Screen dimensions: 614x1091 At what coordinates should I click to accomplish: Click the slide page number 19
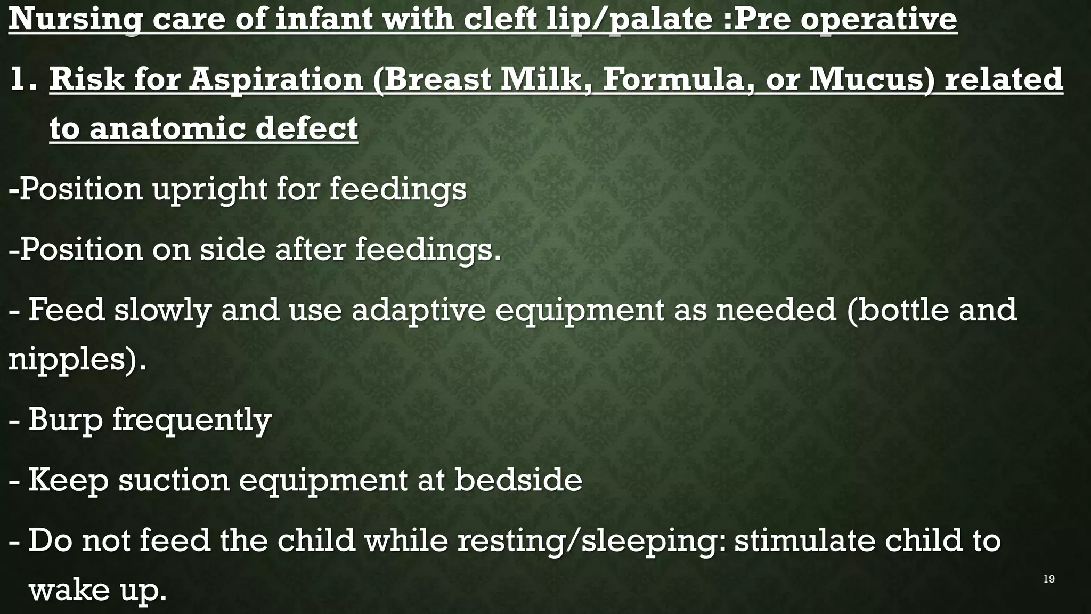(1049, 579)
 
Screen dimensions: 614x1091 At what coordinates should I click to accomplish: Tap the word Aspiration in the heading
(275, 80)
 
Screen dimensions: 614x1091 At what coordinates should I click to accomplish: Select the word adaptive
(418, 310)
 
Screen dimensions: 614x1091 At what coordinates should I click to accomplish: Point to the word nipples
(71, 360)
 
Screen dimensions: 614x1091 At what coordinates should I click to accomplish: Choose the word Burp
(65, 420)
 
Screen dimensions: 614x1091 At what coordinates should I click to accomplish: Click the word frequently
(192, 420)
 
